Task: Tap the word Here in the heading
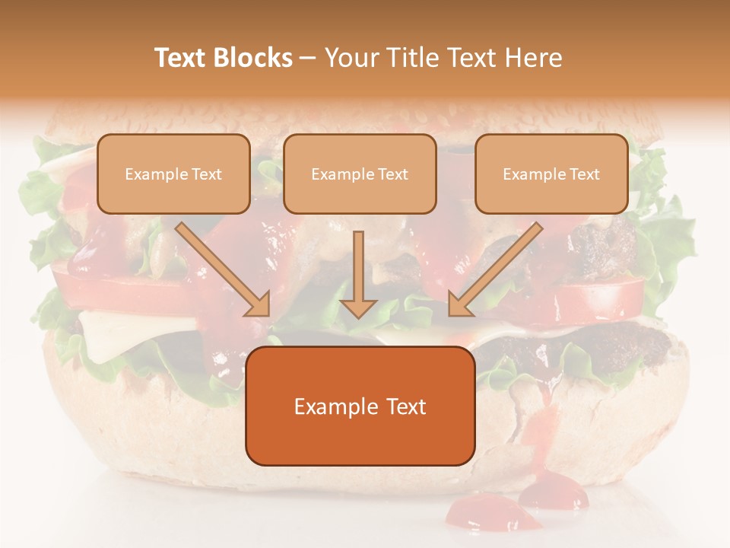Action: click(532, 58)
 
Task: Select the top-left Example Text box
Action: click(173, 174)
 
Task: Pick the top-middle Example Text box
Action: click(360, 174)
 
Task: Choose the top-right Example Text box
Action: click(551, 174)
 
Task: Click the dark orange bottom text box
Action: click(360, 406)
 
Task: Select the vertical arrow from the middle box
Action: click(358, 266)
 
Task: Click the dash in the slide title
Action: click(308, 58)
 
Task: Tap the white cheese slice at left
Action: click(114, 331)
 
